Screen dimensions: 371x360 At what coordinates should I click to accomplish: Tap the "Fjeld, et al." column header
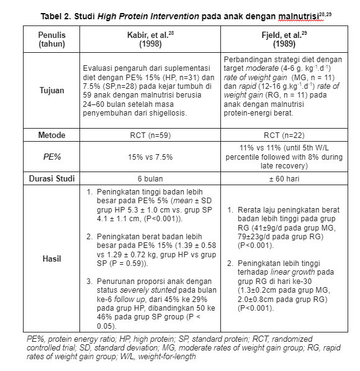coord(282,35)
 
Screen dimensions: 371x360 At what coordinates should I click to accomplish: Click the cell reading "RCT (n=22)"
coord(282,135)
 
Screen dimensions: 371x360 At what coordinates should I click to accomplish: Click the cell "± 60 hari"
coord(282,179)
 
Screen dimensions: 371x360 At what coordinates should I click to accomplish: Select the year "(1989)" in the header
coord(282,45)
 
